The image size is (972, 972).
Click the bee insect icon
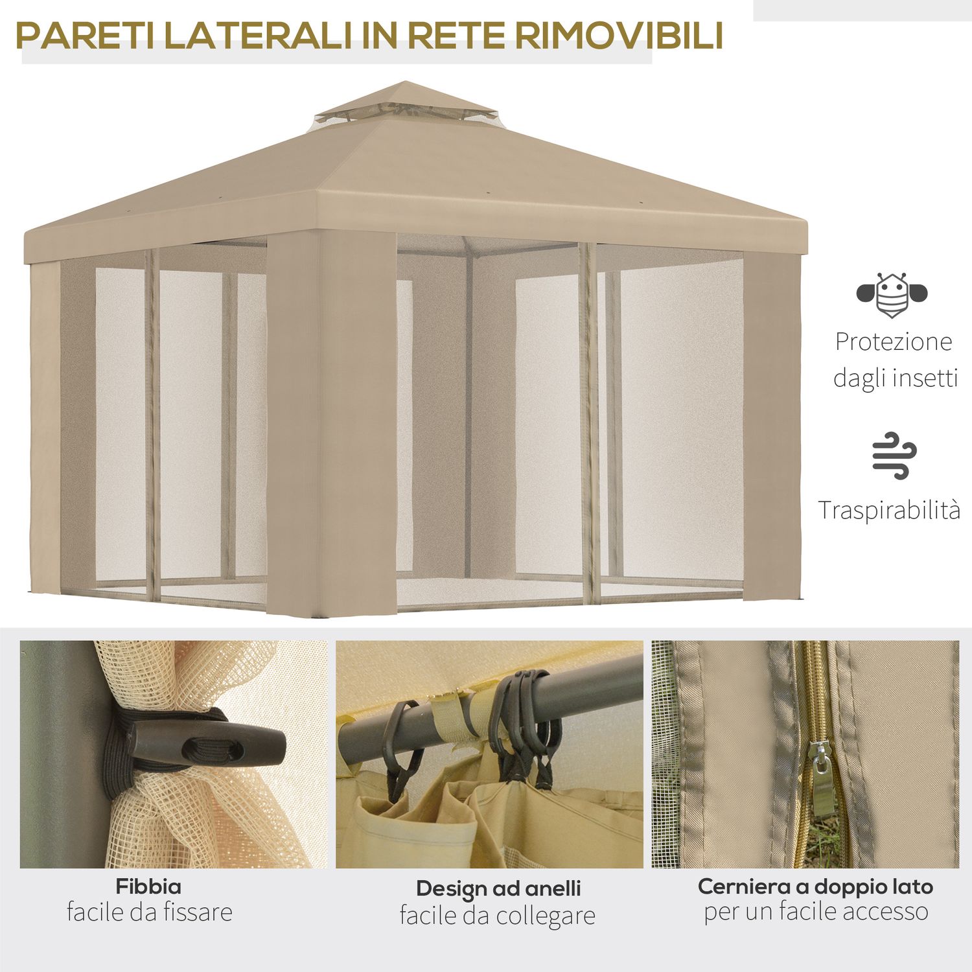[x=892, y=295]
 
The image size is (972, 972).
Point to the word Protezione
[x=894, y=341]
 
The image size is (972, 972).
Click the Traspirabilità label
[x=888, y=510]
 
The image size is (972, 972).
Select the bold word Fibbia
[x=148, y=886]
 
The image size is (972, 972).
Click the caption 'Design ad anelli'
[x=498, y=888]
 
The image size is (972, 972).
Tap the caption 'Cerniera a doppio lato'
[x=815, y=886]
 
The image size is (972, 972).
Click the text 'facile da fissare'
[x=149, y=912]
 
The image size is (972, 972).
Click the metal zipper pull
[x=822, y=781]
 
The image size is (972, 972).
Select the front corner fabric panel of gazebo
[x=330, y=421]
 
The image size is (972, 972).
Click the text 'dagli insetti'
[x=895, y=378]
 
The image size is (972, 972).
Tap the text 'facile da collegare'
[x=497, y=916]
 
